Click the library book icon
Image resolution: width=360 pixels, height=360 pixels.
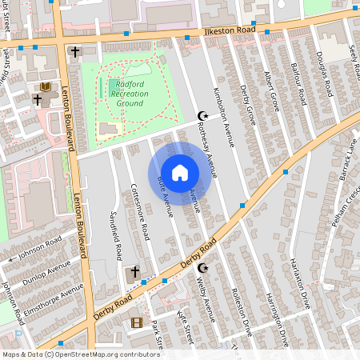tap(45, 86)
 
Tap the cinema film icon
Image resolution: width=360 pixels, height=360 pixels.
tap(136, 322)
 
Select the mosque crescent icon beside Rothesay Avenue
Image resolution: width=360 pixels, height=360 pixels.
tap(202, 117)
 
